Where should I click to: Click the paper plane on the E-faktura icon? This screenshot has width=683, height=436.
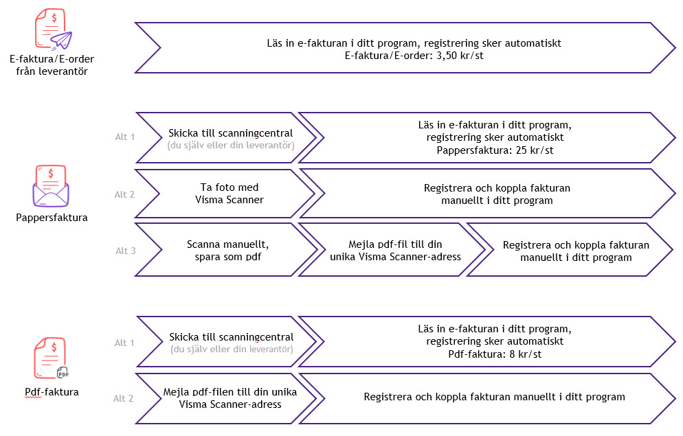[x=61, y=41]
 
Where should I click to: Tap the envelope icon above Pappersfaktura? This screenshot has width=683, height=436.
[x=51, y=186]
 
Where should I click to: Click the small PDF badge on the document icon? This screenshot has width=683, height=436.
[x=63, y=373]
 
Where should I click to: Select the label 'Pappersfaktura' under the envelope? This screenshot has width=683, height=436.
[x=52, y=218]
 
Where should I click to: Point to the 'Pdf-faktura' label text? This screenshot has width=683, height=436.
[x=52, y=392]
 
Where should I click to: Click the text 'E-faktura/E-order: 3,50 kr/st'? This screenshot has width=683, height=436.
[x=414, y=56]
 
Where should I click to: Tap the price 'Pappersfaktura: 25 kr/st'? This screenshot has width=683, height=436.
[x=495, y=150]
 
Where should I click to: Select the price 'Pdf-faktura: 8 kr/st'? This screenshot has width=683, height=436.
[x=495, y=354]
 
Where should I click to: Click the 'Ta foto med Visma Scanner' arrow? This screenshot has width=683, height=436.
[x=224, y=194]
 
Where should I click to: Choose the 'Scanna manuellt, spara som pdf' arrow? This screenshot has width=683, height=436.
[x=226, y=250]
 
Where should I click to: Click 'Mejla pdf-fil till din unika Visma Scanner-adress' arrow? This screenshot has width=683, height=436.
[x=392, y=250]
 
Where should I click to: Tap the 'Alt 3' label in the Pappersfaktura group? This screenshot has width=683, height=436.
[x=126, y=251]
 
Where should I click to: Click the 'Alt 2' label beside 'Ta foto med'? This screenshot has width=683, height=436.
[x=124, y=194]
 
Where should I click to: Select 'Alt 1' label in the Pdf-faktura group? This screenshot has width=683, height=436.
[x=124, y=343]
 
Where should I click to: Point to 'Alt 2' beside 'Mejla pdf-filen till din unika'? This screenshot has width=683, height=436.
[x=123, y=398]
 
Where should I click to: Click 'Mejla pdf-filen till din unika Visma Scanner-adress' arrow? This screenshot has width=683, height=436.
[x=225, y=398]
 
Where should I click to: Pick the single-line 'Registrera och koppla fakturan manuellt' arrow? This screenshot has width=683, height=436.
[x=488, y=398]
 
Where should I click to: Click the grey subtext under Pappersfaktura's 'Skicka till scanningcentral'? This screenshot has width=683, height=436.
[x=231, y=146]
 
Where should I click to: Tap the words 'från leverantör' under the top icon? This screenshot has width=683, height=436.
[x=52, y=71]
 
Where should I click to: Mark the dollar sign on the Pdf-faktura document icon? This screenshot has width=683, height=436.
[x=54, y=347]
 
